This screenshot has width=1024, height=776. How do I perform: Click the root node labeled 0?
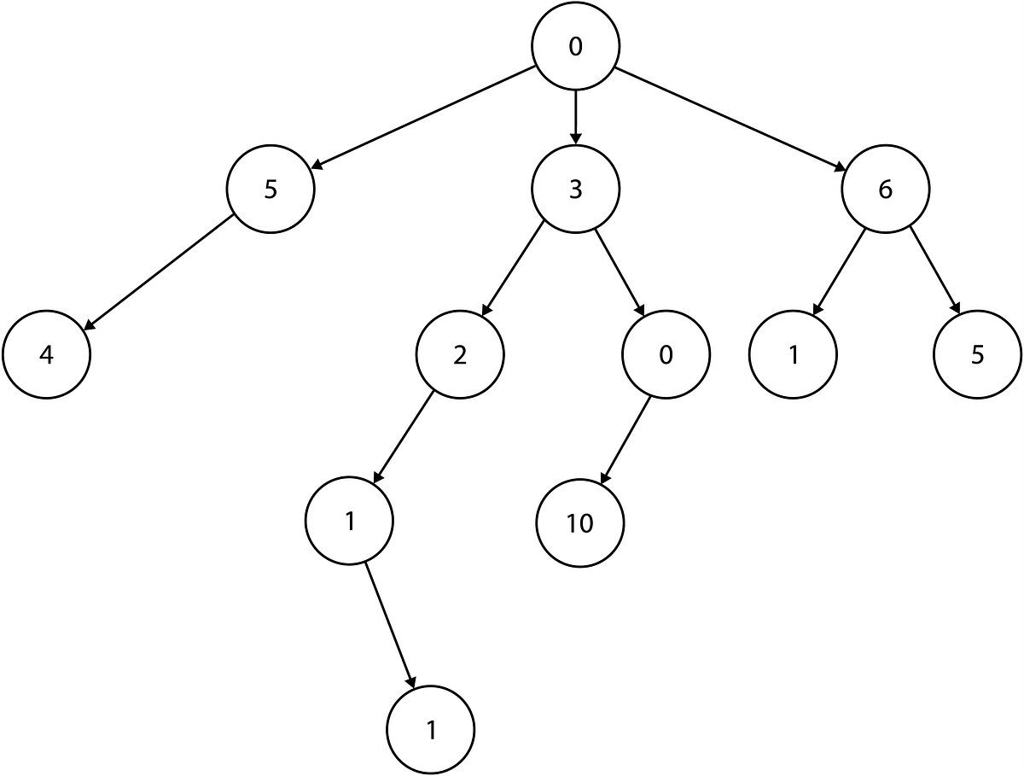pos(575,47)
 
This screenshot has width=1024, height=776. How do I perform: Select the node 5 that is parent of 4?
pos(271,189)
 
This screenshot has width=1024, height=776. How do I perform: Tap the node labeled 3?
pos(575,189)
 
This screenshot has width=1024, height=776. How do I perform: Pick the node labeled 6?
pos(885,189)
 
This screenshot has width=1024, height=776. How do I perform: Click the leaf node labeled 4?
pos(46,354)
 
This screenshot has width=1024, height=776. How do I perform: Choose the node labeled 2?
pos(460,354)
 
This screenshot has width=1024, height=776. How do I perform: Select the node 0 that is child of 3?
pos(666,354)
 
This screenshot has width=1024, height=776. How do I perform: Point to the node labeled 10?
pos(579,523)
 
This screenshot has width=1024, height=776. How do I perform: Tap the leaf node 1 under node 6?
pos(794,354)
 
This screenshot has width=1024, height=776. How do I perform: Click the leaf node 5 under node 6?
pos(977,354)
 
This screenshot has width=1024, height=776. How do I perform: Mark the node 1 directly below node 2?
pos(349,521)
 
